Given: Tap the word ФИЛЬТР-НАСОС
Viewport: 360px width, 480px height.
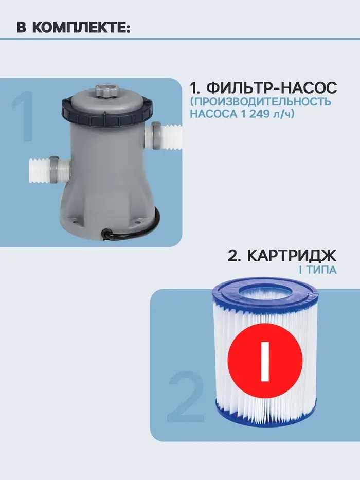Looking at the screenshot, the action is [272, 88].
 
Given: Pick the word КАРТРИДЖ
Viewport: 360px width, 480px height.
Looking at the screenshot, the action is [292, 256].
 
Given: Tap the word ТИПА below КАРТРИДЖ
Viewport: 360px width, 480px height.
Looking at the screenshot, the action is [321, 270].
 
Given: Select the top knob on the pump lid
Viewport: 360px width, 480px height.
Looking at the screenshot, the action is [105, 91].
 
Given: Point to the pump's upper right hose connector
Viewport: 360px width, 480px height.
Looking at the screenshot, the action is [163, 136].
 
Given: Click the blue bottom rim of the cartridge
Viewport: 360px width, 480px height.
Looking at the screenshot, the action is [265, 416].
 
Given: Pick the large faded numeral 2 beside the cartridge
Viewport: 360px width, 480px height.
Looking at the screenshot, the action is [185, 397].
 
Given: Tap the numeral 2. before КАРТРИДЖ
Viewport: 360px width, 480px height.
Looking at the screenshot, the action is [235, 256].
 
